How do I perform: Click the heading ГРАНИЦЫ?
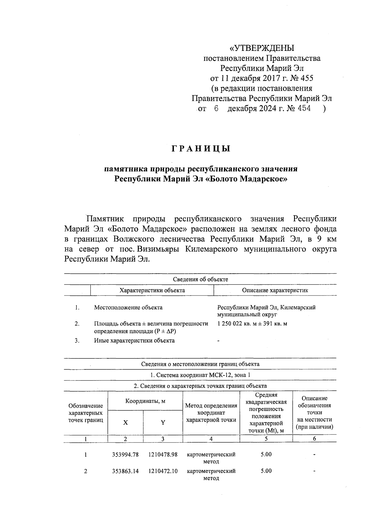pyautogui.click(x=201, y=149)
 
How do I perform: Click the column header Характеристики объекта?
pyautogui.click(x=152, y=290)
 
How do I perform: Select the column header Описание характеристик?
pyautogui.click(x=275, y=290)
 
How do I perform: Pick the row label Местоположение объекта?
pyautogui.click(x=128, y=308)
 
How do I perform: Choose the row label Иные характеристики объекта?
pyautogui.click(x=134, y=341)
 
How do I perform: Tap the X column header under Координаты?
pyautogui.click(x=125, y=423)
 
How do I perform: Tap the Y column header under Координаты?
pyautogui.click(x=163, y=423)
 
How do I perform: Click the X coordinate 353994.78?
pyautogui.click(x=125, y=455)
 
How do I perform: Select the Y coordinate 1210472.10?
pyautogui.click(x=163, y=471)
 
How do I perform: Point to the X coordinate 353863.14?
pyautogui.click(x=125, y=471)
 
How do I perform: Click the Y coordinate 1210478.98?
pyautogui.click(x=163, y=455)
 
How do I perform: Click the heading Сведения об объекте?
pyautogui.click(x=200, y=279)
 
